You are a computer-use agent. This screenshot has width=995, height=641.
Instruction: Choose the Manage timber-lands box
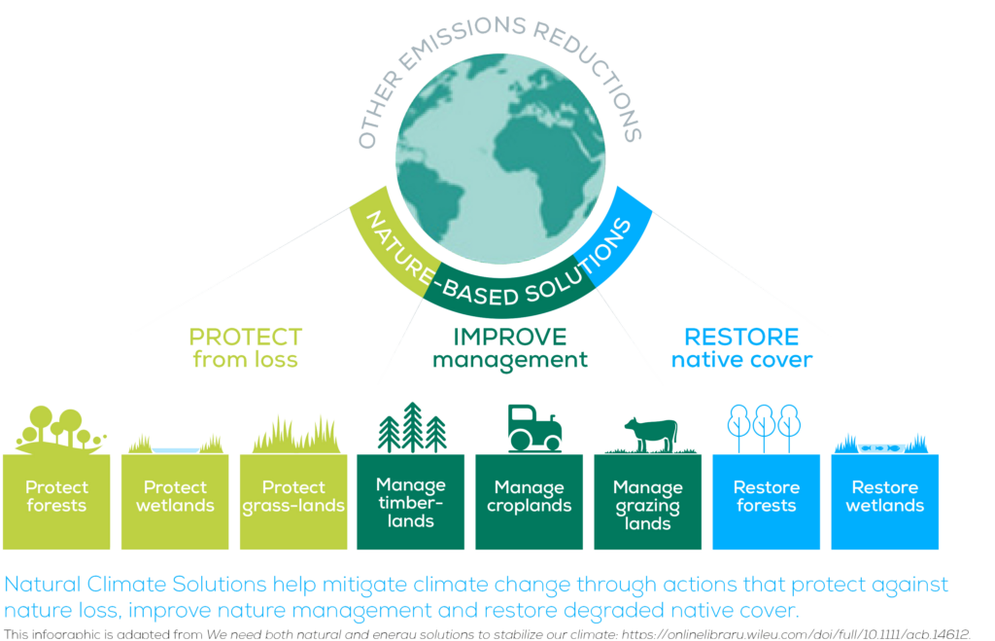411,501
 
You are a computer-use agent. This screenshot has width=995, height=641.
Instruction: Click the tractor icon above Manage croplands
533,428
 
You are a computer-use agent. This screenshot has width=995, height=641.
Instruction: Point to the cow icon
650,434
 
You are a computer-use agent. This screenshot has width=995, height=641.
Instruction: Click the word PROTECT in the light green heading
246,338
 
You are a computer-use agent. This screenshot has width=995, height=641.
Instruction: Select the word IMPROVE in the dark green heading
510,338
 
